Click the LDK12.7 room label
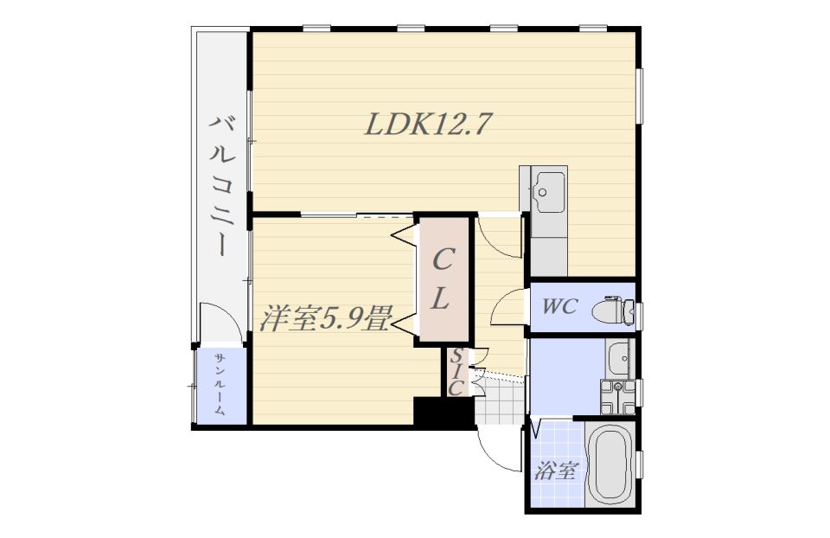tap(425, 125)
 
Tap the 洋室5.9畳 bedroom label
tap(326, 317)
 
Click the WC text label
tap(559, 306)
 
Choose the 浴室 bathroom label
tap(556, 470)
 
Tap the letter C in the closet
tap(444, 259)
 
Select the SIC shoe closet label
tap(456, 372)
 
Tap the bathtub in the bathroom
tap(610, 465)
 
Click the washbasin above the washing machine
tap(620, 358)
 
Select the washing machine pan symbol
tap(617, 397)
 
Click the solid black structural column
tap(444, 411)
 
